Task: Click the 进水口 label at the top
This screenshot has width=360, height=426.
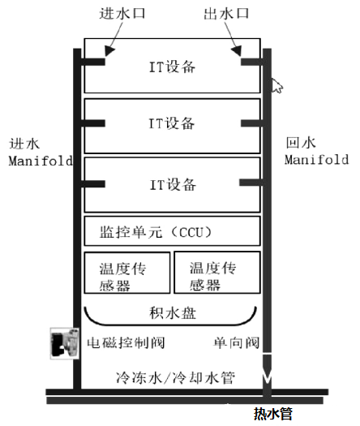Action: point(122,14)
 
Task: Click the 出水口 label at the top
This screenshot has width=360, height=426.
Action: point(226,14)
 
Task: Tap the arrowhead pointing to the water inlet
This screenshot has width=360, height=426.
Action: point(109,51)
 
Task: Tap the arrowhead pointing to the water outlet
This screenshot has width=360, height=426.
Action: point(237,50)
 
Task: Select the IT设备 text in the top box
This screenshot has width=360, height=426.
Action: point(173,67)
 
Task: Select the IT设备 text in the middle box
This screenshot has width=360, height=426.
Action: point(172,123)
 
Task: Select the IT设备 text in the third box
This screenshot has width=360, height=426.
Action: point(173,185)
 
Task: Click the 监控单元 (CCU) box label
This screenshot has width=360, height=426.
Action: point(156,232)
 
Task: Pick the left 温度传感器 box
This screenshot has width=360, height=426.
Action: point(127,273)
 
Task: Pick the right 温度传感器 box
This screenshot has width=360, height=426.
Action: point(217,272)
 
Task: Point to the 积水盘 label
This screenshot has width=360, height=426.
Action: point(173,312)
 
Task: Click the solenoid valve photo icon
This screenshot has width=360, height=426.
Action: point(65,343)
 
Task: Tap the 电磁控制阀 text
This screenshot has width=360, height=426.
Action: point(126,342)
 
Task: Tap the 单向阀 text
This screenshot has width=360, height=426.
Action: point(237,342)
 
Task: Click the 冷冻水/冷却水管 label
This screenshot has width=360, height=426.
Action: point(175,377)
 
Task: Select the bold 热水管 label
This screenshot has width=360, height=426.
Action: point(273,414)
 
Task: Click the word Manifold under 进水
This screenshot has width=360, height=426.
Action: point(41,161)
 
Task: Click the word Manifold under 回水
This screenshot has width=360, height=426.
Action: point(316,160)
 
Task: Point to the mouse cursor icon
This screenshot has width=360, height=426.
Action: point(277,85)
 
